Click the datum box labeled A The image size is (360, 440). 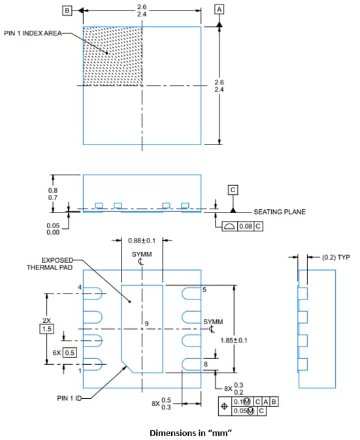pos(219,9)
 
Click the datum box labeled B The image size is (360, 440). pos(66,10)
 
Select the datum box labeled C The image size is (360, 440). pos(232,189)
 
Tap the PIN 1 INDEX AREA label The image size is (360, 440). pos(33,33)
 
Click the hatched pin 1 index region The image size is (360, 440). pos(112,56)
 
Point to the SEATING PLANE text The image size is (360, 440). pos(279,212)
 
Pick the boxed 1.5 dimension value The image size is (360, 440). pos(46,329)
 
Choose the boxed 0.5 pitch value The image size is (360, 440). pos(70,352)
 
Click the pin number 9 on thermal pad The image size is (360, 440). pos(147,324)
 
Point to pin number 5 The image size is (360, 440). pos(205,289)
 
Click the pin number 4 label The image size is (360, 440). pos(80,288)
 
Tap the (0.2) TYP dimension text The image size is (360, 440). pos(336,257)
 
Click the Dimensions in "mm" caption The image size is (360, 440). pos(191,432)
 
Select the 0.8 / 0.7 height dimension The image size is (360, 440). pos(52,194)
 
